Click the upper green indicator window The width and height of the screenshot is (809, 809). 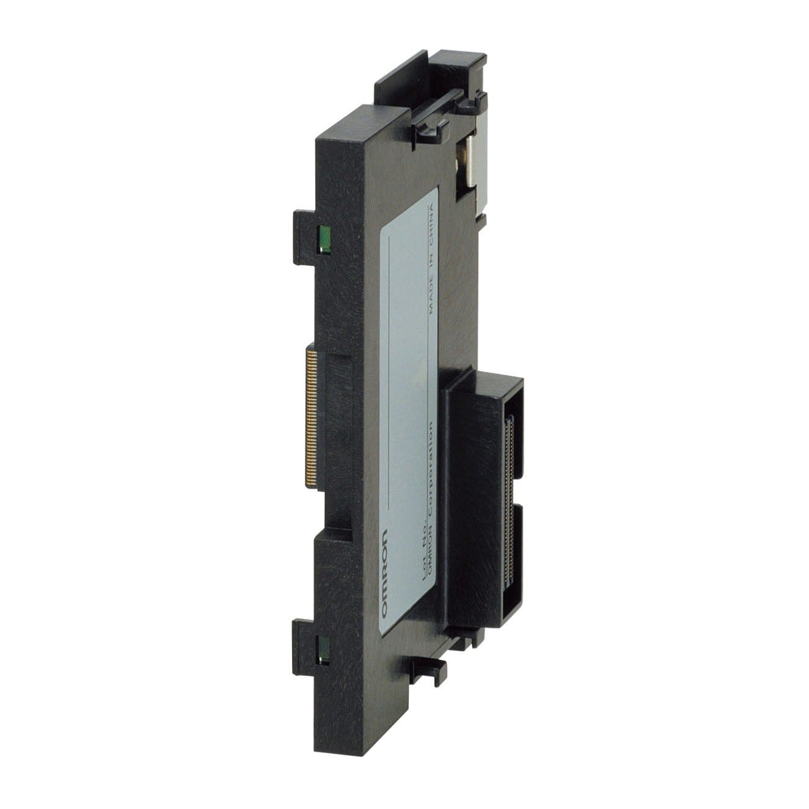(x=324, y=237)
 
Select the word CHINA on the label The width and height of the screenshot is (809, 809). (x=433, y=226)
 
